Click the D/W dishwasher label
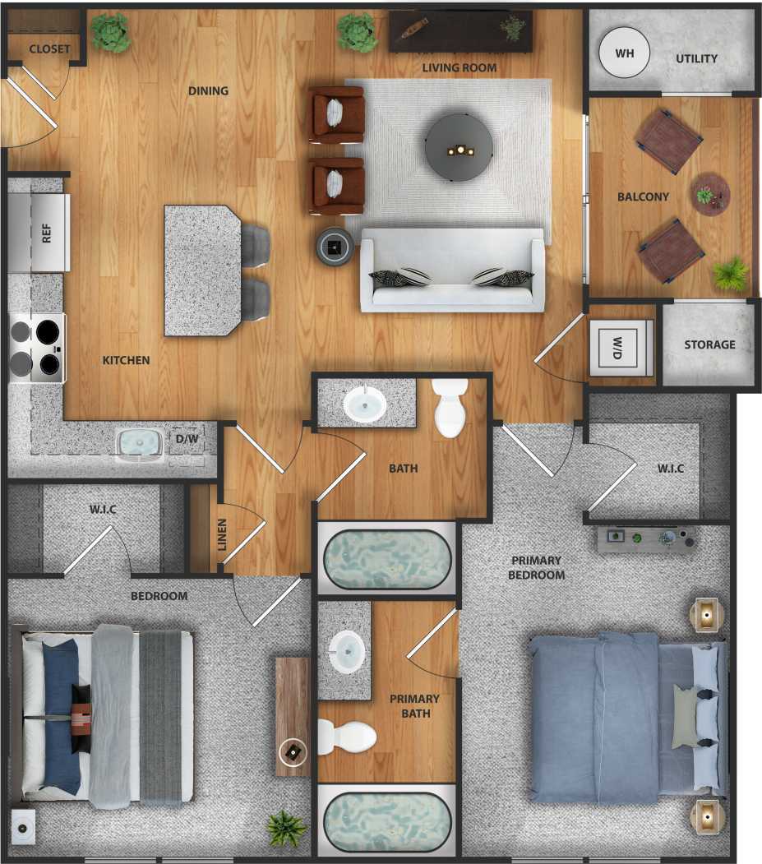click(x=186, y=438)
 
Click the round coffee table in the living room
click(x=459, y=147)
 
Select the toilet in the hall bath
click(x=450, y=407)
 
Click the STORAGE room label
click(x=709, y=344)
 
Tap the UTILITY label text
click(x=696, y=58)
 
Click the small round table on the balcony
click(x=710, y=195)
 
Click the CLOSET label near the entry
click(x=49, y=49)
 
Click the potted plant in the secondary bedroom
click(x=286, y=828)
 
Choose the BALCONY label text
click(x=643, y=197)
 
